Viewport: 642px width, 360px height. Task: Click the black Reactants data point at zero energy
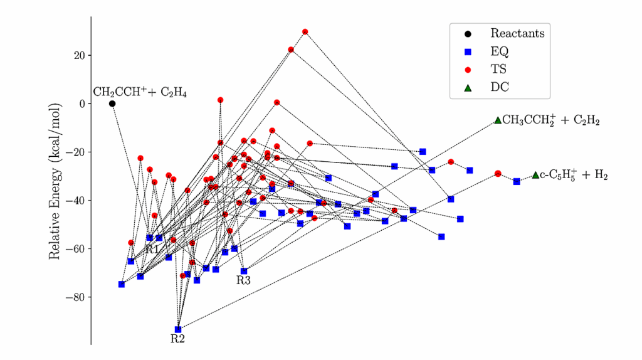pyautogui.click(x=112, y=103)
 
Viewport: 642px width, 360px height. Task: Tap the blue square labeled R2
pyautogui.click(x=178, y=329)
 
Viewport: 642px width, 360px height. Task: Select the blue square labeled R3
pyautogui.click(x=244, y=271)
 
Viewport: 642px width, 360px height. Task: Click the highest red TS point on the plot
pyautogui.click(x=305, y=31)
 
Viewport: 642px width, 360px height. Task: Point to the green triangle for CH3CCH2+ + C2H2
pyautogui.click(x=498, y=120)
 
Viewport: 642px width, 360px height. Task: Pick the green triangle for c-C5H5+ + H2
pyautogui.click(x=535, y=175)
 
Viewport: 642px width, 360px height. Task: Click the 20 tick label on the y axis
pyautogui.click(x=79, y=55)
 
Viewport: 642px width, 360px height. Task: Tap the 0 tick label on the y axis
pyautogui.click(x=82, y=103)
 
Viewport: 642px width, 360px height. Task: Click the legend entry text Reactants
pyautogui.click(x=517, y=33)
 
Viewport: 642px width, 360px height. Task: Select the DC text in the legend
pyautogui.click(x=500, y=87)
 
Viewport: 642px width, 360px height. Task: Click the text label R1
pyautogui.click(x=152, y=249)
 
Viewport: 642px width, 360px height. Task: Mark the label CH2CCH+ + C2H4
pyautogui.click(x=140, y=92)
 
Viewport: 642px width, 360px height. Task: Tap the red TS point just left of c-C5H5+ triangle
pyautogui.click(x=498, y=174)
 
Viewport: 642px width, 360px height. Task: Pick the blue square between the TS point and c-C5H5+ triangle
pyautogui.click(x=517, y=181)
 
